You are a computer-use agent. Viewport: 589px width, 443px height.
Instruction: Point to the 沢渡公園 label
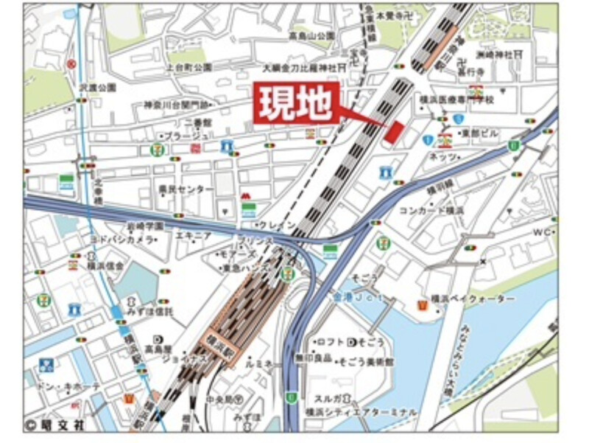point(99,87)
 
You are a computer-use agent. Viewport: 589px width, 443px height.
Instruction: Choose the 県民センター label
point(186,189)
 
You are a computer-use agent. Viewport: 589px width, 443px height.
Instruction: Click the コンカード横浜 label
point(442,210)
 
